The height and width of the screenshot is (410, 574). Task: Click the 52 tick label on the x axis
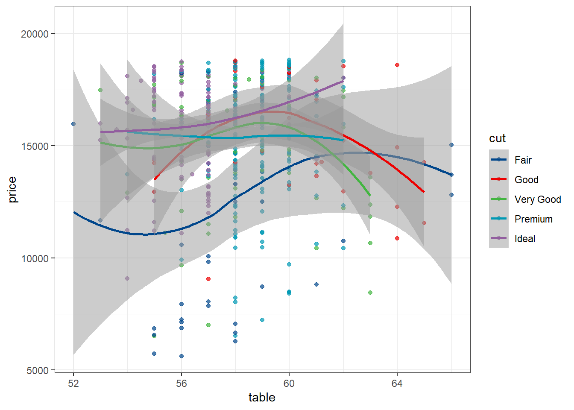point(73,384)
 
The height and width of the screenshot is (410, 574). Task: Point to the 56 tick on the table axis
point(182,384)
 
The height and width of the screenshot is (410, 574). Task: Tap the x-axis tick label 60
point(289,384)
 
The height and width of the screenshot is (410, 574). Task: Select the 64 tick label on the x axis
point(397,384)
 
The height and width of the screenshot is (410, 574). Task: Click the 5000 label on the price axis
point(38,371)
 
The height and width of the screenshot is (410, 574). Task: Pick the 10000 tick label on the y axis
point(35,258)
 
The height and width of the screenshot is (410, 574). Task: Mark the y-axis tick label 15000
point(35,146)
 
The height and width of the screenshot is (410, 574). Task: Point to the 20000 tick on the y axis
point(35,34)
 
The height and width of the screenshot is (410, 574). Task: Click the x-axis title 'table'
point(262,398)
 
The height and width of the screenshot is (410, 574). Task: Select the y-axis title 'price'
point(12,190)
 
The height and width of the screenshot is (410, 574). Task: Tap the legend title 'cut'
point(497,138)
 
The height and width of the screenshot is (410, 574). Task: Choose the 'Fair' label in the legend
point(523,160)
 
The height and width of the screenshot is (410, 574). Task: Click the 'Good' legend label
point(526,180)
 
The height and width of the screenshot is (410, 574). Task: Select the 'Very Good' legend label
point(537,199)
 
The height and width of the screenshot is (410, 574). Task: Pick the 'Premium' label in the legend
point(533,219)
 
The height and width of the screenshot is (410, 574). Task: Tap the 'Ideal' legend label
point(524,239)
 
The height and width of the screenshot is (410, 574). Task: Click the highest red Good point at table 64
point(397,65)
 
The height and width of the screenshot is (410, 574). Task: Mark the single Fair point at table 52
point(73,124)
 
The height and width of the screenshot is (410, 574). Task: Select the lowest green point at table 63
point(370,293)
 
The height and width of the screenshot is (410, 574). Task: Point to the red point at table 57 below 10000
point(208,279)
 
